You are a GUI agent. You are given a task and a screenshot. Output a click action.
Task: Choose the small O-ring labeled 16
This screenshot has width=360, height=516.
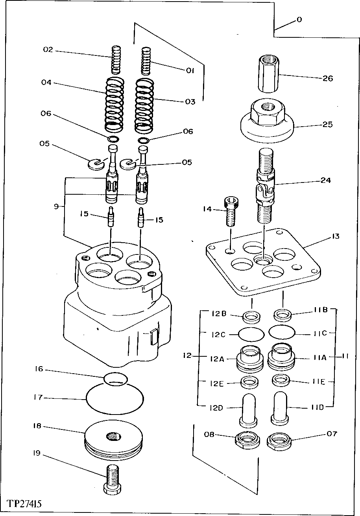(x=116, y=378)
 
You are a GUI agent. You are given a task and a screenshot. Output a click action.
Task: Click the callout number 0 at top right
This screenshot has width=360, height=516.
(x=299, y=19)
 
